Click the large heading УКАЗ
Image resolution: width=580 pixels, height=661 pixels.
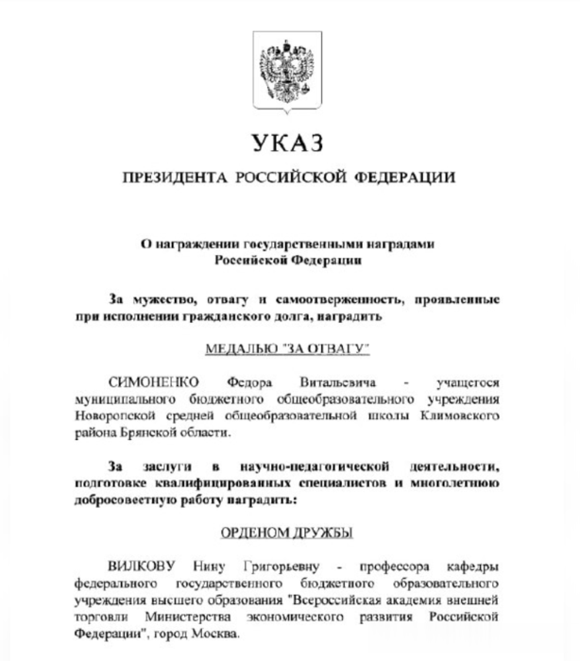coord(288,143)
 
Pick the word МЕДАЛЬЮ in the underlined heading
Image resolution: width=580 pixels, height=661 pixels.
coord(244,349)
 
